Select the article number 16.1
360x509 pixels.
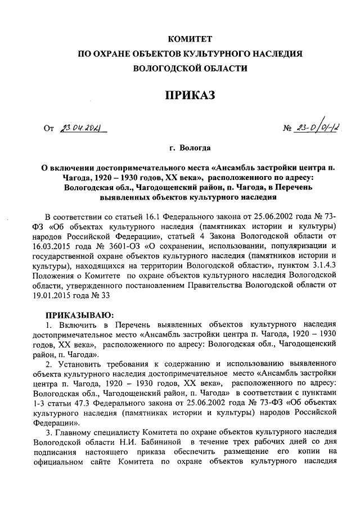[163, 218]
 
